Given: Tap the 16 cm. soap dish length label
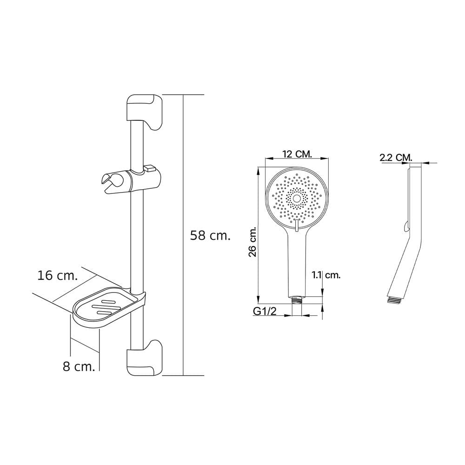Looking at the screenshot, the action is (x=58, y=275).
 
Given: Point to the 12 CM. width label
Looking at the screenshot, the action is (x=297, y=154).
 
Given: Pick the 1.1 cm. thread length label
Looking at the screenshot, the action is (x=326, y=275).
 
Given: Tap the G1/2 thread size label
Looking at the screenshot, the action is (x=265, y=311).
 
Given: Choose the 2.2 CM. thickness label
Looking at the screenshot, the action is (x=396, y=158).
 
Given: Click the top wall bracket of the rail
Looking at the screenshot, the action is (x=145, y=112).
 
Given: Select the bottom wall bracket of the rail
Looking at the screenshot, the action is (x=145, y=358).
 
